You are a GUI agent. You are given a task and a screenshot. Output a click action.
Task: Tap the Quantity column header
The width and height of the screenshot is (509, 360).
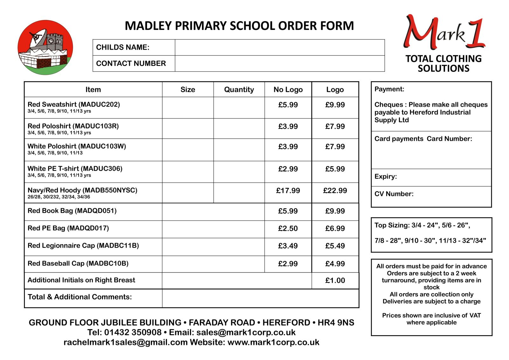(x=239, y=90)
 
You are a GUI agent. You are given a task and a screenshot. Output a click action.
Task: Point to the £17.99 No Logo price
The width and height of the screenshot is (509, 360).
(x=288, y=191)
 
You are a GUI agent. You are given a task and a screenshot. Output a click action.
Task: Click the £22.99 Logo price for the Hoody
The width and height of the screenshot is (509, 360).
(x=335, y=191)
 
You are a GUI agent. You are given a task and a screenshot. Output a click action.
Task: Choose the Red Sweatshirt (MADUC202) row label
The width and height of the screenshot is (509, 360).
(x=74, y=104)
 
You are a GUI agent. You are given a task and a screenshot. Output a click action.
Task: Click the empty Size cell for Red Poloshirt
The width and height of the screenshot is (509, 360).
(x=188, y=129)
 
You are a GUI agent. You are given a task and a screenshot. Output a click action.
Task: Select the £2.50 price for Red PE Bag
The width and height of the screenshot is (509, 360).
(x=288, y=229)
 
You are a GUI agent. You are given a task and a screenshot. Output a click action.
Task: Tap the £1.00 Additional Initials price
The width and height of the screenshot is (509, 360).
(x=335, y=280)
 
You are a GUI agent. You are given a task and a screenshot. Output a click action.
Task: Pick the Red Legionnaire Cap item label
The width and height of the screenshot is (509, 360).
(x=83, y=246)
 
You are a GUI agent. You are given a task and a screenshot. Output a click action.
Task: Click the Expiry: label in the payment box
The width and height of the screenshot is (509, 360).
(x=386, y=177)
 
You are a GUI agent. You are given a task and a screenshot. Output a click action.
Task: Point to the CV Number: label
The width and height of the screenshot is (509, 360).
(x=394, y=194)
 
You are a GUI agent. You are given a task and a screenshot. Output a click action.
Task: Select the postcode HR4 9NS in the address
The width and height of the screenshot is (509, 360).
(x=336, y=322)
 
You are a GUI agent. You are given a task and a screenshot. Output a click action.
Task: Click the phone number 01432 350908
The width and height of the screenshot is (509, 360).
(x=133, y=332)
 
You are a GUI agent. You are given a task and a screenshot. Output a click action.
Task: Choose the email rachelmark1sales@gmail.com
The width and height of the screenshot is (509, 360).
(x=126, y=342)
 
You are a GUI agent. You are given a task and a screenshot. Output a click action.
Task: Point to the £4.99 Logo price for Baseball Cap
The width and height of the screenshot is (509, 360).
(x=335, y=264)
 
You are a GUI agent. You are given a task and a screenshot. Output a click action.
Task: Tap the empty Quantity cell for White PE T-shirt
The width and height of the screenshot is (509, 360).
(x=239, y=172)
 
